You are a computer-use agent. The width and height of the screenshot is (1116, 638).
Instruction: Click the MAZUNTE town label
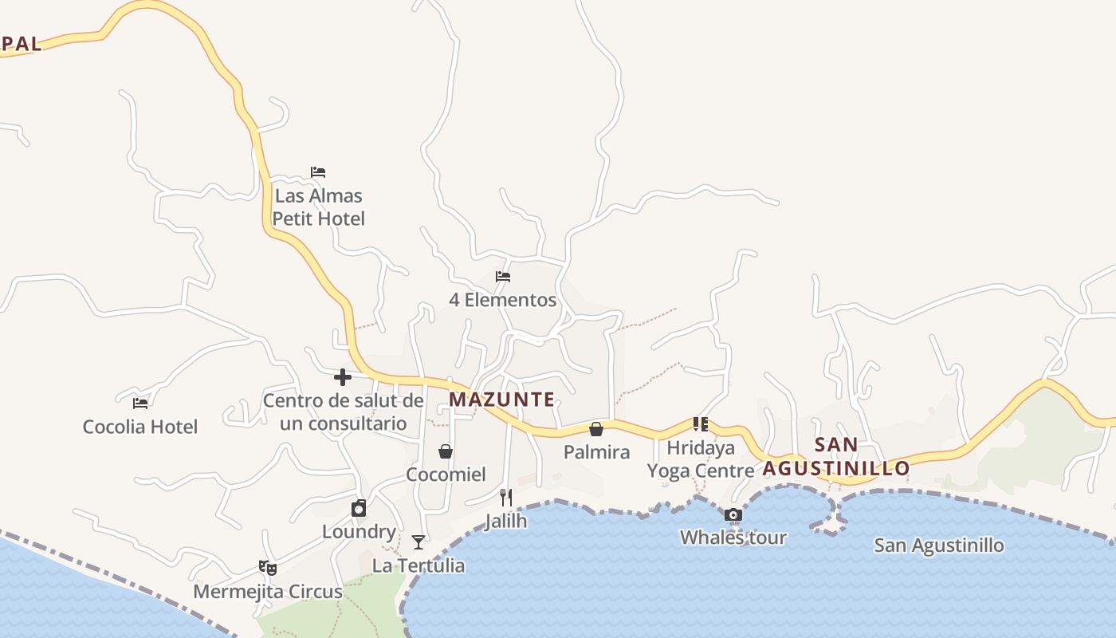point(502,400)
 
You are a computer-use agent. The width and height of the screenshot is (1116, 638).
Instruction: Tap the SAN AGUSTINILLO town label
point(836,457)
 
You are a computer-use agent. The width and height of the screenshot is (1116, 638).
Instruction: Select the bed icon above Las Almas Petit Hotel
point(318,172)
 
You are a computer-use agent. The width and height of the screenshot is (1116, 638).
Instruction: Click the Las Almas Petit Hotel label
point(319,207)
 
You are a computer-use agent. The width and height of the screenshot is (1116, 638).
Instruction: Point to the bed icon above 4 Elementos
point(503,277)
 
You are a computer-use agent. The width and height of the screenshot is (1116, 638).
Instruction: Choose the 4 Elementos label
point(502,300)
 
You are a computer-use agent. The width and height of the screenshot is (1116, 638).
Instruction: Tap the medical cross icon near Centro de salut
point(343,376)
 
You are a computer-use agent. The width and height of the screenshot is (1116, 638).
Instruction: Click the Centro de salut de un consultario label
point(344,412)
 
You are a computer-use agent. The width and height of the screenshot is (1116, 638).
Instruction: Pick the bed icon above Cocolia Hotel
point(140,403)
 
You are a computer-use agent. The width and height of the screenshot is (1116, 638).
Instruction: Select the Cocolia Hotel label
point(140,427)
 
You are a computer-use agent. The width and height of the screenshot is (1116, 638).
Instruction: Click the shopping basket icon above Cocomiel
point(446,451)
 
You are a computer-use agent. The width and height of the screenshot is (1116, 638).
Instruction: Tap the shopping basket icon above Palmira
point(596,429)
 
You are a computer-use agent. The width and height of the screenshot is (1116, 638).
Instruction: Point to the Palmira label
point(596,452)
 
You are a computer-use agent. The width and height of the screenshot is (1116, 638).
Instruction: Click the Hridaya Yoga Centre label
point(701,459)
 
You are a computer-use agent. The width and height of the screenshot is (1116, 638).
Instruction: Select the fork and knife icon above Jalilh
point(505,498)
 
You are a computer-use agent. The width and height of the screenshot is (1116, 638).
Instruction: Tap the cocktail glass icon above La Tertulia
point(418,542)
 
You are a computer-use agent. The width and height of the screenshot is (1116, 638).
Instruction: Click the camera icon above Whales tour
point(733,514)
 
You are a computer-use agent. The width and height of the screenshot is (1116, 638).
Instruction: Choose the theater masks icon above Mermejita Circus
point(268,568)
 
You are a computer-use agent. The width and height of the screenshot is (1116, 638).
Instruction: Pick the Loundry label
point(359,532)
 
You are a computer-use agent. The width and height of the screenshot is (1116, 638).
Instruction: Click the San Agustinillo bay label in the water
point(938,545)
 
